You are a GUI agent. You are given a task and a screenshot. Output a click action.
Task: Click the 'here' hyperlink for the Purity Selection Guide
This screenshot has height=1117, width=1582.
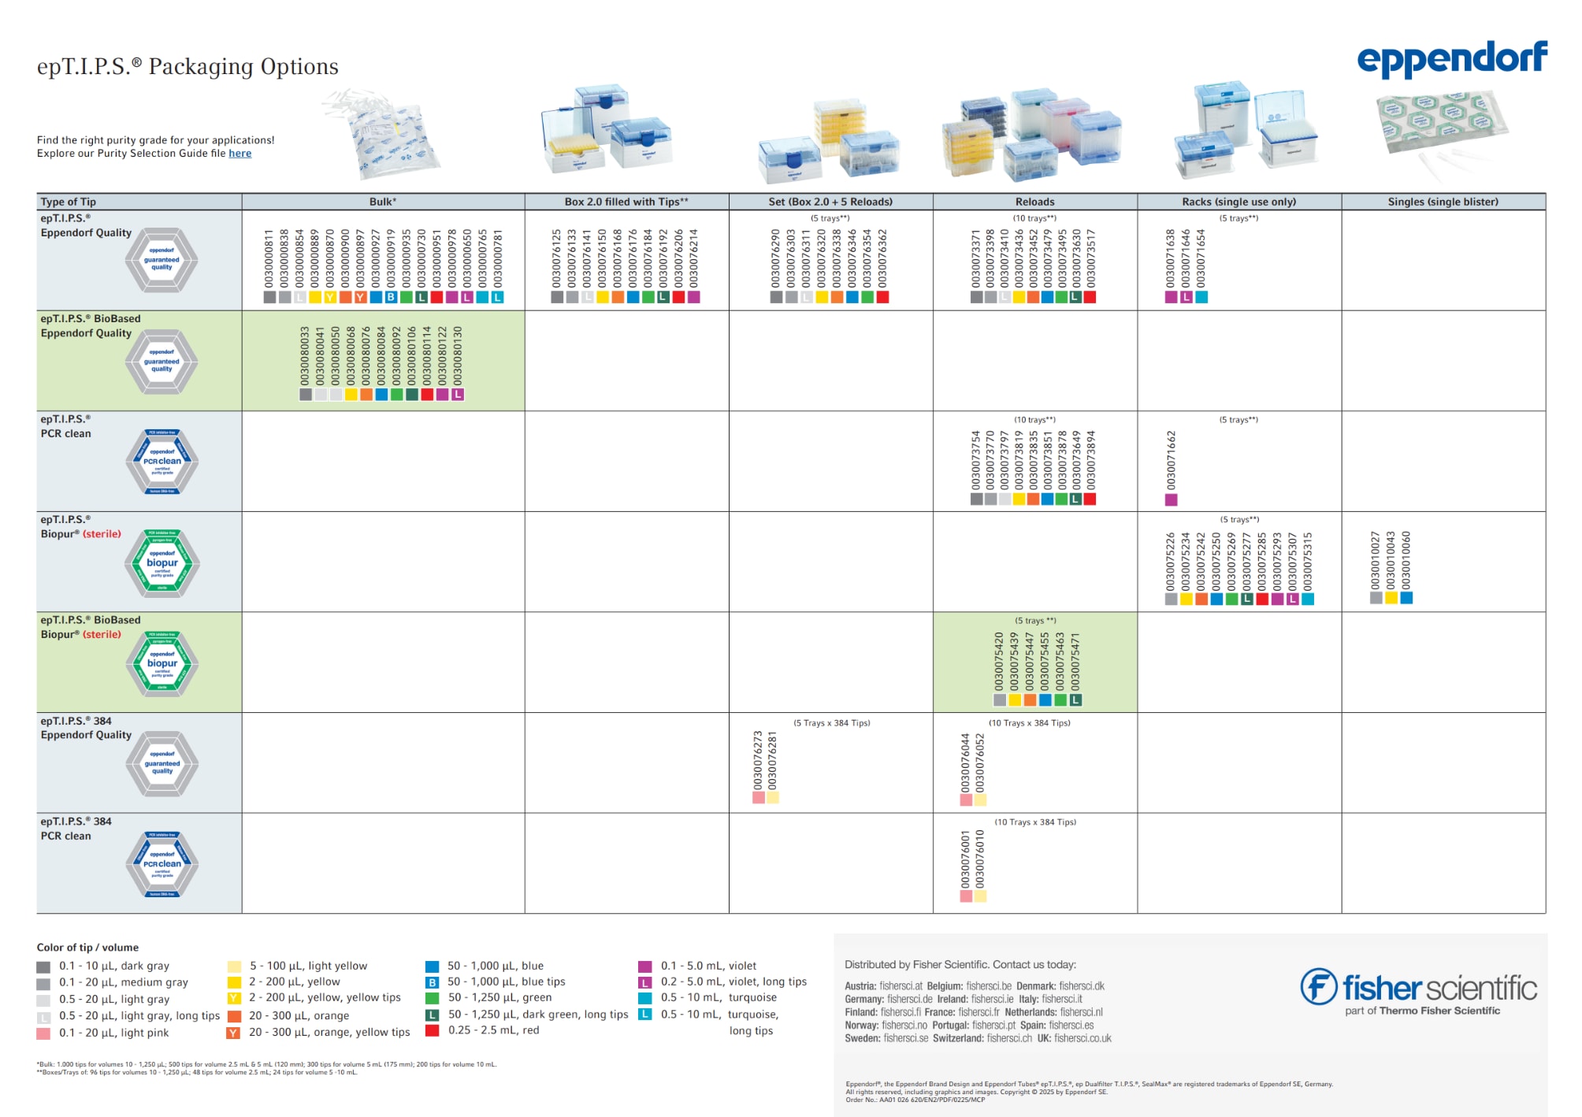coord(240,154)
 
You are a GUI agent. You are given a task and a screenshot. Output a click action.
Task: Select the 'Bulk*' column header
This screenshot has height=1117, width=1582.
coord(383,202)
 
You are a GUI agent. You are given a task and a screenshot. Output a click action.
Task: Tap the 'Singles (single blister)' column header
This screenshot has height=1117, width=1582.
coord(1443,202)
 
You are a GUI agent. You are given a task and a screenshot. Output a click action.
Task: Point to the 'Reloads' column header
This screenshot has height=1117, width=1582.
coord(1034,202)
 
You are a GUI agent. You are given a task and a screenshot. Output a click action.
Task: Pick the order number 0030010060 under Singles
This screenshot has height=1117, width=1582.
coord(1406,560)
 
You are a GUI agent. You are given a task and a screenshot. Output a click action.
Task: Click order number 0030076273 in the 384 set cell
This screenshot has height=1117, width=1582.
coord(758,760)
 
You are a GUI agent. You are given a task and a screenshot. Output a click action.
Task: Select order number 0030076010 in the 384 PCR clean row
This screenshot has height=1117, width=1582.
coord(980,859)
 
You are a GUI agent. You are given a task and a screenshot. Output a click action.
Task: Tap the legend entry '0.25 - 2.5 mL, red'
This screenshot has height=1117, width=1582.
coord(493,1030)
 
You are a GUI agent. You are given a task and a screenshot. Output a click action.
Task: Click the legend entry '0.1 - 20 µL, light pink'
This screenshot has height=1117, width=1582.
coord(113,1033)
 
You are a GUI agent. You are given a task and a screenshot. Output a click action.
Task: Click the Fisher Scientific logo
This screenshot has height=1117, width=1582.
coord(1418,990)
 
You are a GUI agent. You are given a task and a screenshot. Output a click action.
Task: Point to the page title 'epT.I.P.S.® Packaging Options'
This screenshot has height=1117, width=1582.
coord(188,66)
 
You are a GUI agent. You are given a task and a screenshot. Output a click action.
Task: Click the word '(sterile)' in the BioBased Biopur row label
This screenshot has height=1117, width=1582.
coord(102,634)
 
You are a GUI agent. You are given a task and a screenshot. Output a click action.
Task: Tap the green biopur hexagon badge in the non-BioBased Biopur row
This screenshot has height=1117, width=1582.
coord(162,562)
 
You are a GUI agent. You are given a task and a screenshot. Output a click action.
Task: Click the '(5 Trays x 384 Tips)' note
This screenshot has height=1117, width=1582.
coord(831,723)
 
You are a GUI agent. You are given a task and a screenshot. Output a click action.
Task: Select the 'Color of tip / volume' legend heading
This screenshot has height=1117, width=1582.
coord(87,948)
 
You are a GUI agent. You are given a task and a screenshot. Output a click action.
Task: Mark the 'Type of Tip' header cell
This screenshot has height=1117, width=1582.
coord(69,202)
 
